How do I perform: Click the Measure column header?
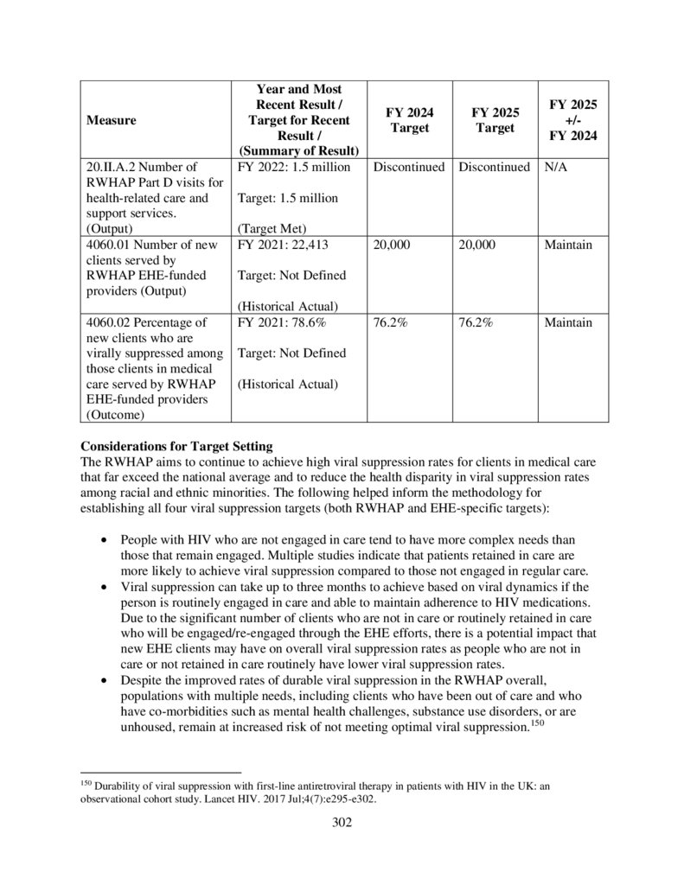point(111,121)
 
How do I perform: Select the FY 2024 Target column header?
point(409,121)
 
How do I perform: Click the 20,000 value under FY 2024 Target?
point(393,245)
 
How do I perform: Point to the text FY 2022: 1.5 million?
point(293,167)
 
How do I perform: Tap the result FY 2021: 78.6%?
point(281,322)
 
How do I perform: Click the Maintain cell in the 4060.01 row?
point(568,245)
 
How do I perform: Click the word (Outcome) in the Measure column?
point(115,415)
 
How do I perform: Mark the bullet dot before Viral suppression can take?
point(105,587)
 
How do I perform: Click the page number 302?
point(342,822)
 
